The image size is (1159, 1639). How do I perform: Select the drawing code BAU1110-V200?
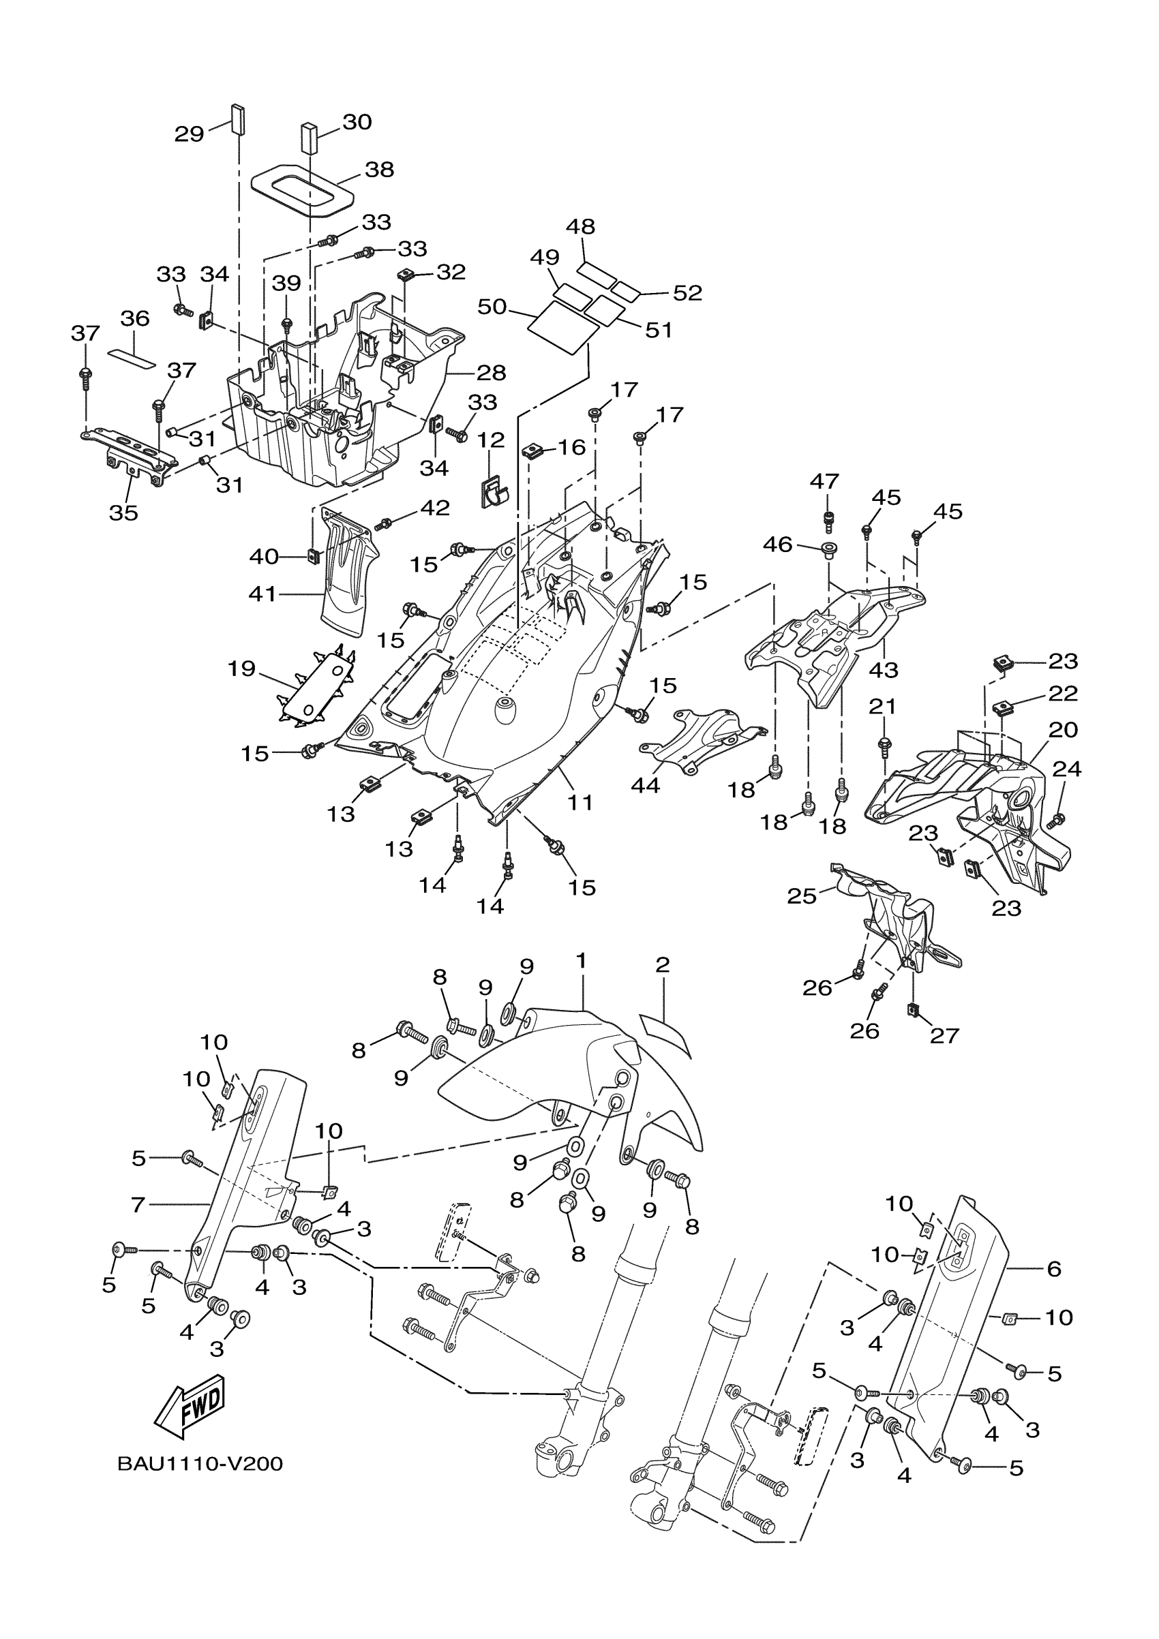click(x=200, y=1464)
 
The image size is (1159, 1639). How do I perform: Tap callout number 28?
click(x=491, y=373)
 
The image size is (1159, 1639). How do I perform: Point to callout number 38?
click(x=379, y=170)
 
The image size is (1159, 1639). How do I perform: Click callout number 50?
click(x=492, y=307)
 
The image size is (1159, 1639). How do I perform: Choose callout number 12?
click(x=491, y=440)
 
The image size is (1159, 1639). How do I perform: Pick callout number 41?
click(x=262, y=593)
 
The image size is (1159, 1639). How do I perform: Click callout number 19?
click(x=241, y=669)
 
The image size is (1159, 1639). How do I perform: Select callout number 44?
click(x=646, y=785)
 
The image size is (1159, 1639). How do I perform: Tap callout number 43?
click(x=884, y=670)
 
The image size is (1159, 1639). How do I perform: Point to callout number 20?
click(x=1063, y=730)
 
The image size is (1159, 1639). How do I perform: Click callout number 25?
click(x=801, y=895)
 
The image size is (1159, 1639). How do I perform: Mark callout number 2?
click(x=662, y=965)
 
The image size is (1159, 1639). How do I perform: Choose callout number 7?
click(x=138, y=1206)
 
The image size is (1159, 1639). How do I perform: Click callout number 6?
click(x=1053, y=1268)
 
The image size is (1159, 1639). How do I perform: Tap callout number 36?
click(x=134, y=318)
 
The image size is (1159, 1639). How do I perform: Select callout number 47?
click(x=824, y=481)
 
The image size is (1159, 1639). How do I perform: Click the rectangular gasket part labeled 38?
click(x=303, y=189)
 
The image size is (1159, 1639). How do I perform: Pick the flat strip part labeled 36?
click(x=132, y=357)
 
